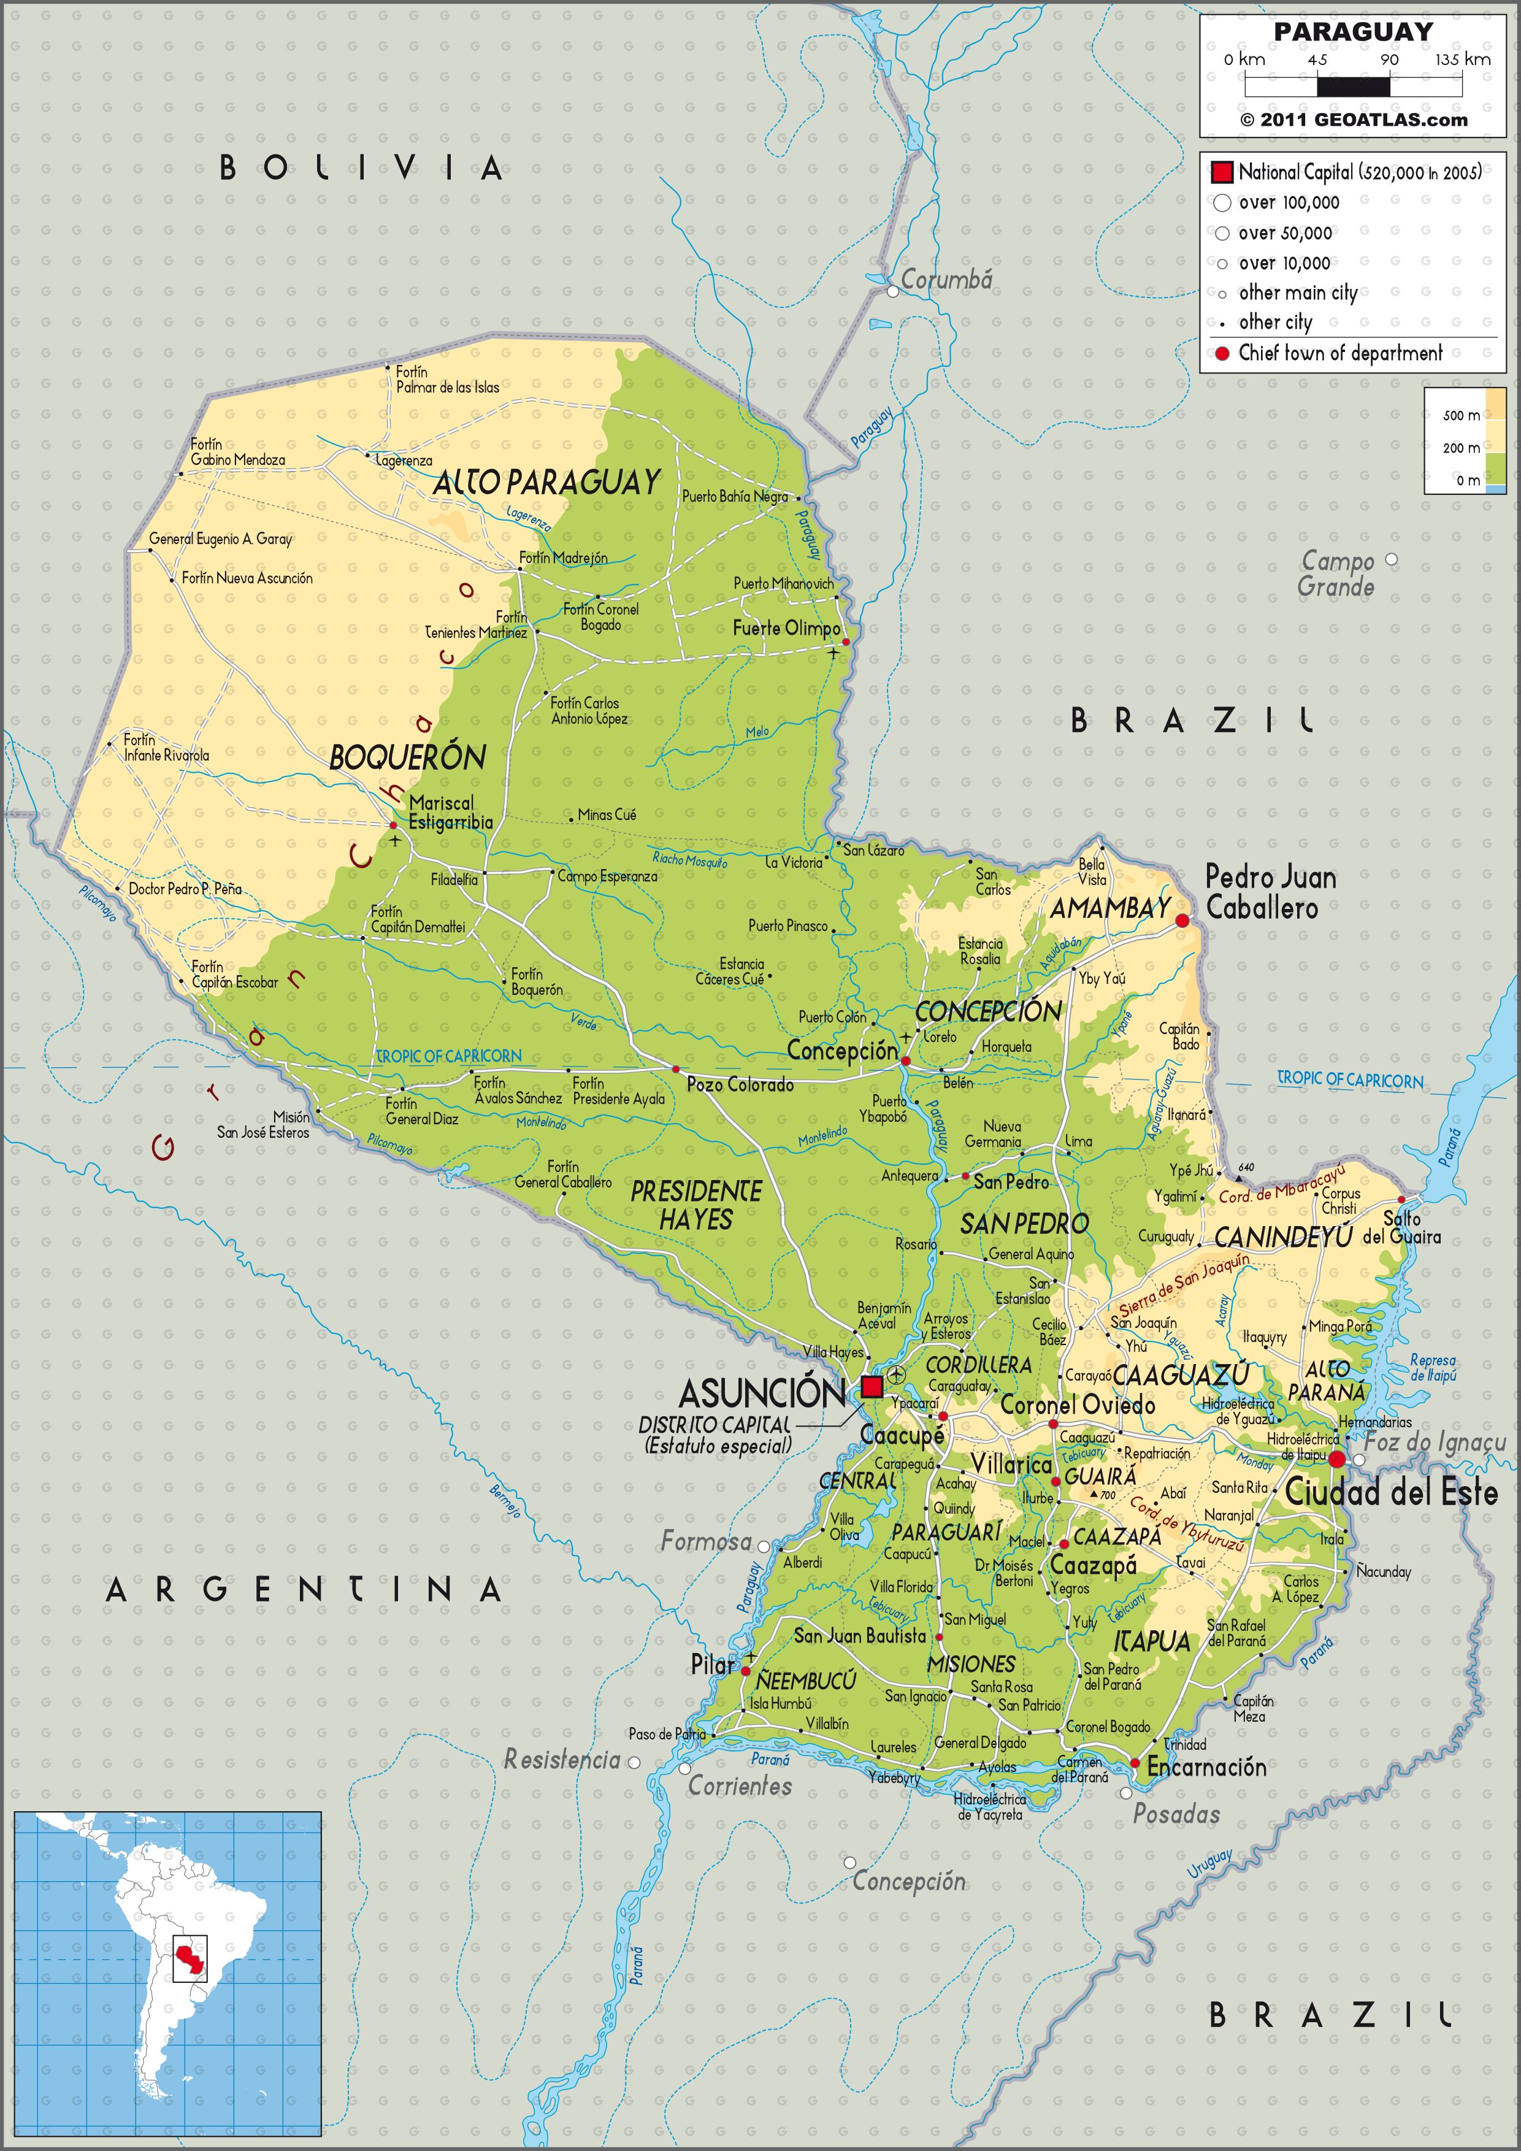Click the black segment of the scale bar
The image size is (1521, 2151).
pyautogui.click(x=1354, y=86)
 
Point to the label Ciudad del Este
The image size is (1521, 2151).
pyautogui.click(x=1391, y=1492)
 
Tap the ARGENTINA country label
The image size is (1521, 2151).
pyautogui.click(x=304, y=1589)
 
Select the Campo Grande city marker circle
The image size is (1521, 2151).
pyautogui.click(x=1391, y=559)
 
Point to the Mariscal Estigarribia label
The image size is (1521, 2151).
pyautogui.click(x=451, y=812)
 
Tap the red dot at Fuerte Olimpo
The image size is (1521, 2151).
pyautogui.click(x=846, y=642)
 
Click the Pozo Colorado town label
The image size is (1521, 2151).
pyautogui.click(x=740, y=1085)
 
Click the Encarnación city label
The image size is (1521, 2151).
pyautogui.click(x=1206, y=1767)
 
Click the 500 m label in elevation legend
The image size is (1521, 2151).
pyautogui.click(x=1461, y=415)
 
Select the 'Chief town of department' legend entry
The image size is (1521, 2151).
pyautogui.click(x=1339, y=353)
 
